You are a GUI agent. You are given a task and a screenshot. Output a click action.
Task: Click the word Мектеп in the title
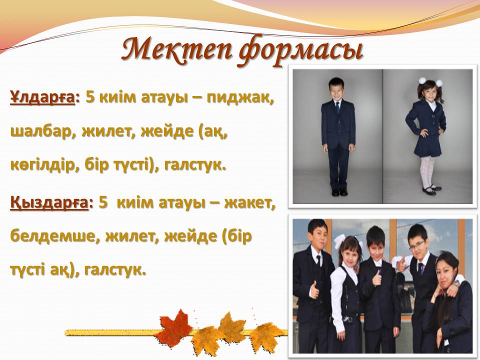pyautogui.click(x=176, y=49)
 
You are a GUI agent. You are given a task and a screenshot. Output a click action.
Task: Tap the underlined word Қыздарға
pyautogui.click(x=49, y=203)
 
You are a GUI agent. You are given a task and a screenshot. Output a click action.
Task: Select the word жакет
pyautogui.click(x=249, y=202)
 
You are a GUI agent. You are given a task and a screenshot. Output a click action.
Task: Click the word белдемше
pyautogui.click(x=54, y=236)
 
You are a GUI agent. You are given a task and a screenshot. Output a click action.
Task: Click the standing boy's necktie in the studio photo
pyautogui.click(x=337, y=107)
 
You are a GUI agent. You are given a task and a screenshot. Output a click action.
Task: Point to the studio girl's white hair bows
pyautogui.click(x=430, y=81)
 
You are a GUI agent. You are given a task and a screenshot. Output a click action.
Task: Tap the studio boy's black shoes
pyautogui.click(x=339, y=192)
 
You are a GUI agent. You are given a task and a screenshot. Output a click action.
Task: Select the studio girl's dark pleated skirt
pyautogui.click(x=427, y=145)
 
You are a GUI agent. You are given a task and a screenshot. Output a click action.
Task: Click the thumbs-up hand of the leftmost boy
pyautogui.click(x=314, y=290)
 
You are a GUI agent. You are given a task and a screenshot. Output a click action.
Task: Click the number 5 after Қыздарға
pyautogui.click(x=103, y=203)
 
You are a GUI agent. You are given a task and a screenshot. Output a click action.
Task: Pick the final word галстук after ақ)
pyautogui.click(x=113, y=269)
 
